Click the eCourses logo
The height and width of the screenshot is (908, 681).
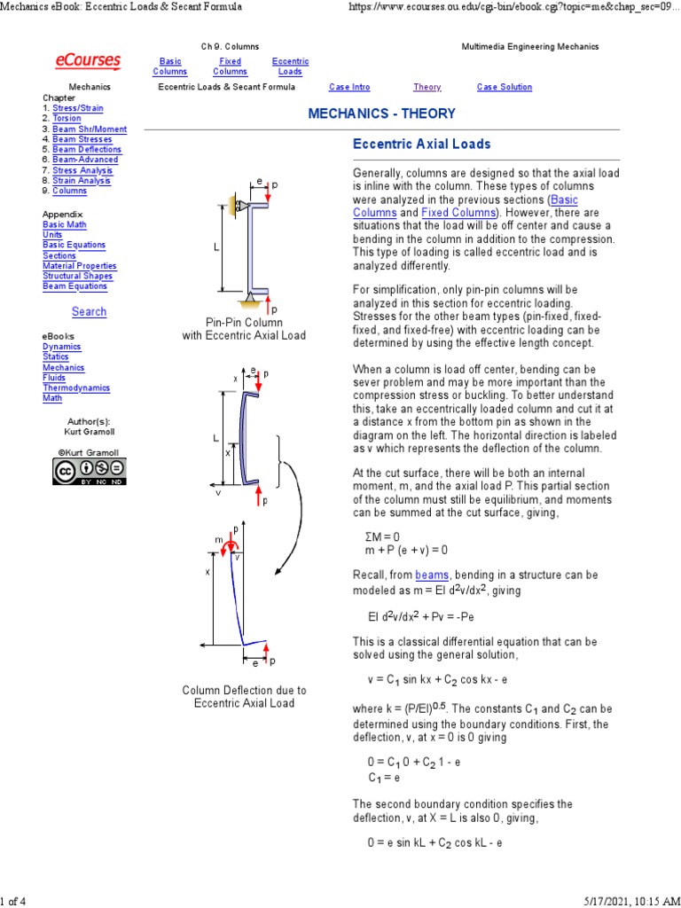point(88,60)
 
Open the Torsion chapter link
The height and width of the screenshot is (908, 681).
point(67,118)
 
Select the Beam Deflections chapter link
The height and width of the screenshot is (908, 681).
point(87,149)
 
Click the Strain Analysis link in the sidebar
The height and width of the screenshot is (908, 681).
point(82,180)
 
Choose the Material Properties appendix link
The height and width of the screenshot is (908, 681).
point(80,266)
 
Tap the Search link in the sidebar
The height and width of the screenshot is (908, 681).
point(89,311)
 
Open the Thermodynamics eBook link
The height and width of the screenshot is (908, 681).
point(76,387)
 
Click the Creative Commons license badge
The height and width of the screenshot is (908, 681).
point(89,472)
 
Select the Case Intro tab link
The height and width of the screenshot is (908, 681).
point(349,87)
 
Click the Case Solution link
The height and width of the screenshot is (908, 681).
point(504,87)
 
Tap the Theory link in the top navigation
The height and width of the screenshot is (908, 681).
point(427,87)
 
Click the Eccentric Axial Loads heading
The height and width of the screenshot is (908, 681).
point(421,144)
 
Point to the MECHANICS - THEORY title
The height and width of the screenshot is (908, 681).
point(381,113)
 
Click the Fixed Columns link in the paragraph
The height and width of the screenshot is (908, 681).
point(458,213)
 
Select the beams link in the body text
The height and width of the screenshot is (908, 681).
point(432,575)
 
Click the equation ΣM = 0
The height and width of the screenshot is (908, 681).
point(382,536)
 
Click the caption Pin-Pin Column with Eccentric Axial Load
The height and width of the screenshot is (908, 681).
point(244,329)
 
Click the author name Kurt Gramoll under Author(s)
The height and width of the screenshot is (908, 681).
point(89,431)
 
